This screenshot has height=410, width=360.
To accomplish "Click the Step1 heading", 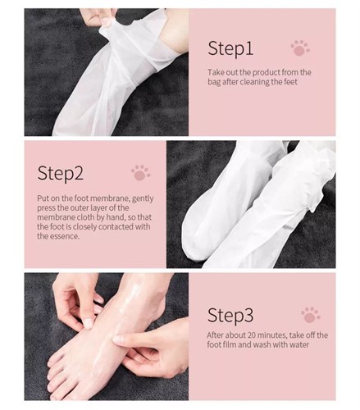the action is pyautogui.click(x=230, y=49).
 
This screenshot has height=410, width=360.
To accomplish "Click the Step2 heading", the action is pyautogui.click(x=61, y=174).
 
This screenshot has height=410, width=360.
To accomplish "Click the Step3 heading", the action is pyautogui.click(x=230, y=316).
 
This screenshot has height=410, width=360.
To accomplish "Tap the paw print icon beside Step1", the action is pyautogui.click(x=300, y=48).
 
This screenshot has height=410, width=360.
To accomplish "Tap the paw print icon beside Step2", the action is pyautogui.click(x=140, y=173).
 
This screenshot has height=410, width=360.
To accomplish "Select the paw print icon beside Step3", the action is pyautogui.click(x=311, y=315).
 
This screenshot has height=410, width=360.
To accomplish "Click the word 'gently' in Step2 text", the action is pyautogui.click(x=143, y=198).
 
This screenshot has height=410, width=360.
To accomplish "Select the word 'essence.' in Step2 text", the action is pyautogui.click(x=65, y=236).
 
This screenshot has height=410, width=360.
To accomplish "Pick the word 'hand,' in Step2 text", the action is pyautogui.click(x=116, y=217).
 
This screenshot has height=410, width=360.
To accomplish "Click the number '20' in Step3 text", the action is pyautogui.click(x=253, y=335).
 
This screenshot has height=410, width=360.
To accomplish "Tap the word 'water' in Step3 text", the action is pyautogui.click(x=299, y=344).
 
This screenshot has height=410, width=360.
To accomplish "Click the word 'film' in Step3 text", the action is pyautogui.click(x=230, y=344).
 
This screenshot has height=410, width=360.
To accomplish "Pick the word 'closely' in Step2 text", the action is pyautogui.click(x=84, y=227).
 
